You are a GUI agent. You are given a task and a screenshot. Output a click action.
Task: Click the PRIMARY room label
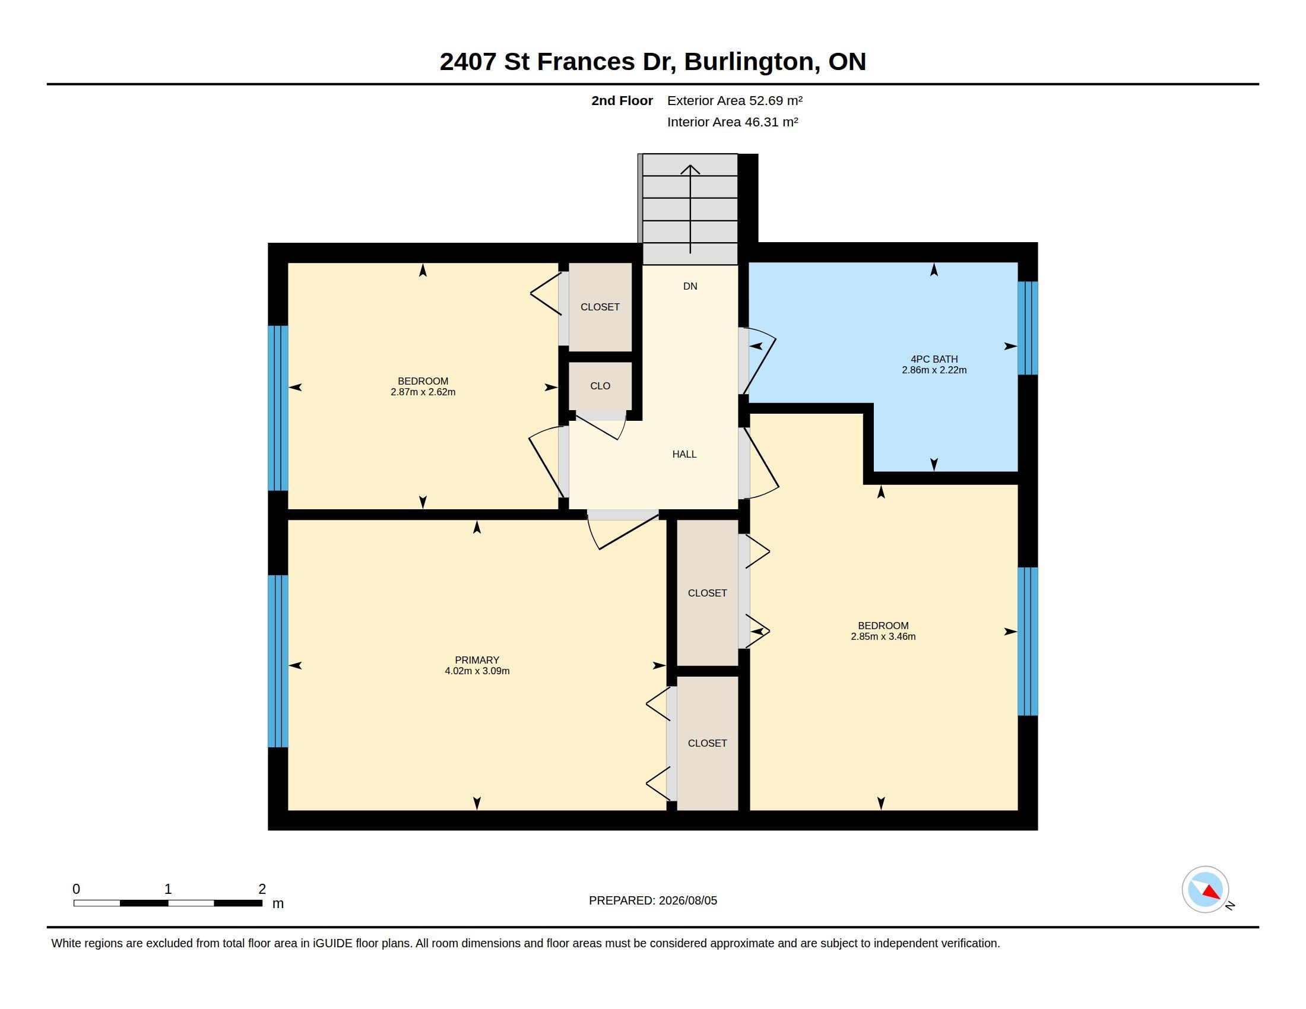[477, 660]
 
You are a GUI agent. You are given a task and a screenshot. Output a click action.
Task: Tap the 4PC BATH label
[934, 359]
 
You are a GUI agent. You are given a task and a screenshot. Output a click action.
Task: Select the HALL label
[684, 454]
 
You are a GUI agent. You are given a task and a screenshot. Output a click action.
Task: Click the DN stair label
[690, 286]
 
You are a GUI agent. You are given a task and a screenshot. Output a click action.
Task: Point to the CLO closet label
[600, 386]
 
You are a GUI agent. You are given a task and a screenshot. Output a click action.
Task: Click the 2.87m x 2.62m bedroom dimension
[423, 392]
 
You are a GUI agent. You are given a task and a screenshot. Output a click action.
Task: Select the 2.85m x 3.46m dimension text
[883, 637]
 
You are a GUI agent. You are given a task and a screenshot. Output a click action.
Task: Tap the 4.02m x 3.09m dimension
[477, 671]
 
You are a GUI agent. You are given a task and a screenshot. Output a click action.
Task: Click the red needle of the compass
[1212, 893]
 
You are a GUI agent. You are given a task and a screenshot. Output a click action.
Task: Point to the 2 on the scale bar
[262, 889]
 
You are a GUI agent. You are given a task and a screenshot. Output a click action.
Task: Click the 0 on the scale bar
[76, 889]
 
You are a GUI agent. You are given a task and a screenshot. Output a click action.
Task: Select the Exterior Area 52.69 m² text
[734, 100]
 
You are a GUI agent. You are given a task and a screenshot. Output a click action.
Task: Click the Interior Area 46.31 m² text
[733, 122]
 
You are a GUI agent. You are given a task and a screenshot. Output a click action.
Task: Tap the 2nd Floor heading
[622, 100]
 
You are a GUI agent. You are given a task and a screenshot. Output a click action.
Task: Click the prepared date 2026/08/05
[687, 900]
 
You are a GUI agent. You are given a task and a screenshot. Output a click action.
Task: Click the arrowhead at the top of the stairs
[690, 169]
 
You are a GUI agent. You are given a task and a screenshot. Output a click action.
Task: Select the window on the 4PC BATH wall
[1028, 328]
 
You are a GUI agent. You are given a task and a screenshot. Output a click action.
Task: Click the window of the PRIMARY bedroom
[278, 661]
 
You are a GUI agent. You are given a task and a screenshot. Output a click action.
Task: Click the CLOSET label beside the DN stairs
[600, 307]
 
